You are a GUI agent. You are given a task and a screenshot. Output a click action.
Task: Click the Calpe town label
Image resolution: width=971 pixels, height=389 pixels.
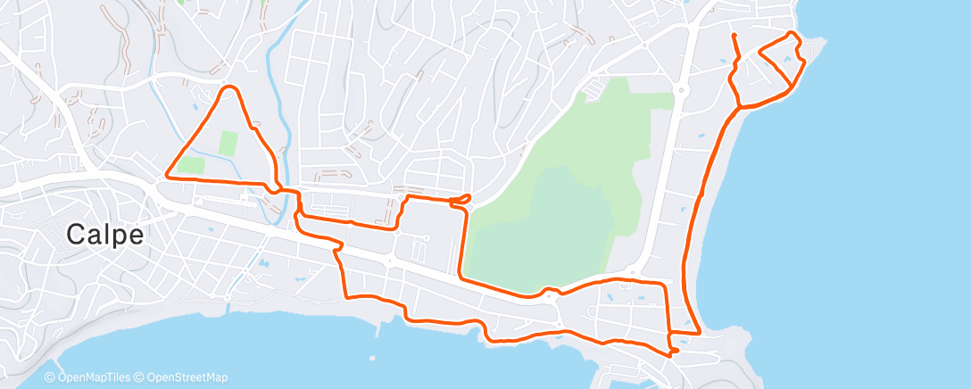(104, 236)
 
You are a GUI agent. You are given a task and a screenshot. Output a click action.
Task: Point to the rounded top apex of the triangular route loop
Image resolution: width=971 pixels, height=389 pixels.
(230, 87)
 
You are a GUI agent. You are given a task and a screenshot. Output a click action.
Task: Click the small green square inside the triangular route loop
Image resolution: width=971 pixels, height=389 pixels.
(228, 141)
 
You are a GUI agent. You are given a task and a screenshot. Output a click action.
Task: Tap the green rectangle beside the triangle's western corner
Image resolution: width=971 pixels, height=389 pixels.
(190, 165)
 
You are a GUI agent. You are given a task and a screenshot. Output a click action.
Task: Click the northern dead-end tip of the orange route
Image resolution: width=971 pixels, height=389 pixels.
(733, 35)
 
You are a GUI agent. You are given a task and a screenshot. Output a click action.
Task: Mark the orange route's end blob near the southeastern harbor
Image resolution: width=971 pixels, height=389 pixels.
(673, 351)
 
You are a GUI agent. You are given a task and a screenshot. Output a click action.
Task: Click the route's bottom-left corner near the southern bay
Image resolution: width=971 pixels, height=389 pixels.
(346, 295)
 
